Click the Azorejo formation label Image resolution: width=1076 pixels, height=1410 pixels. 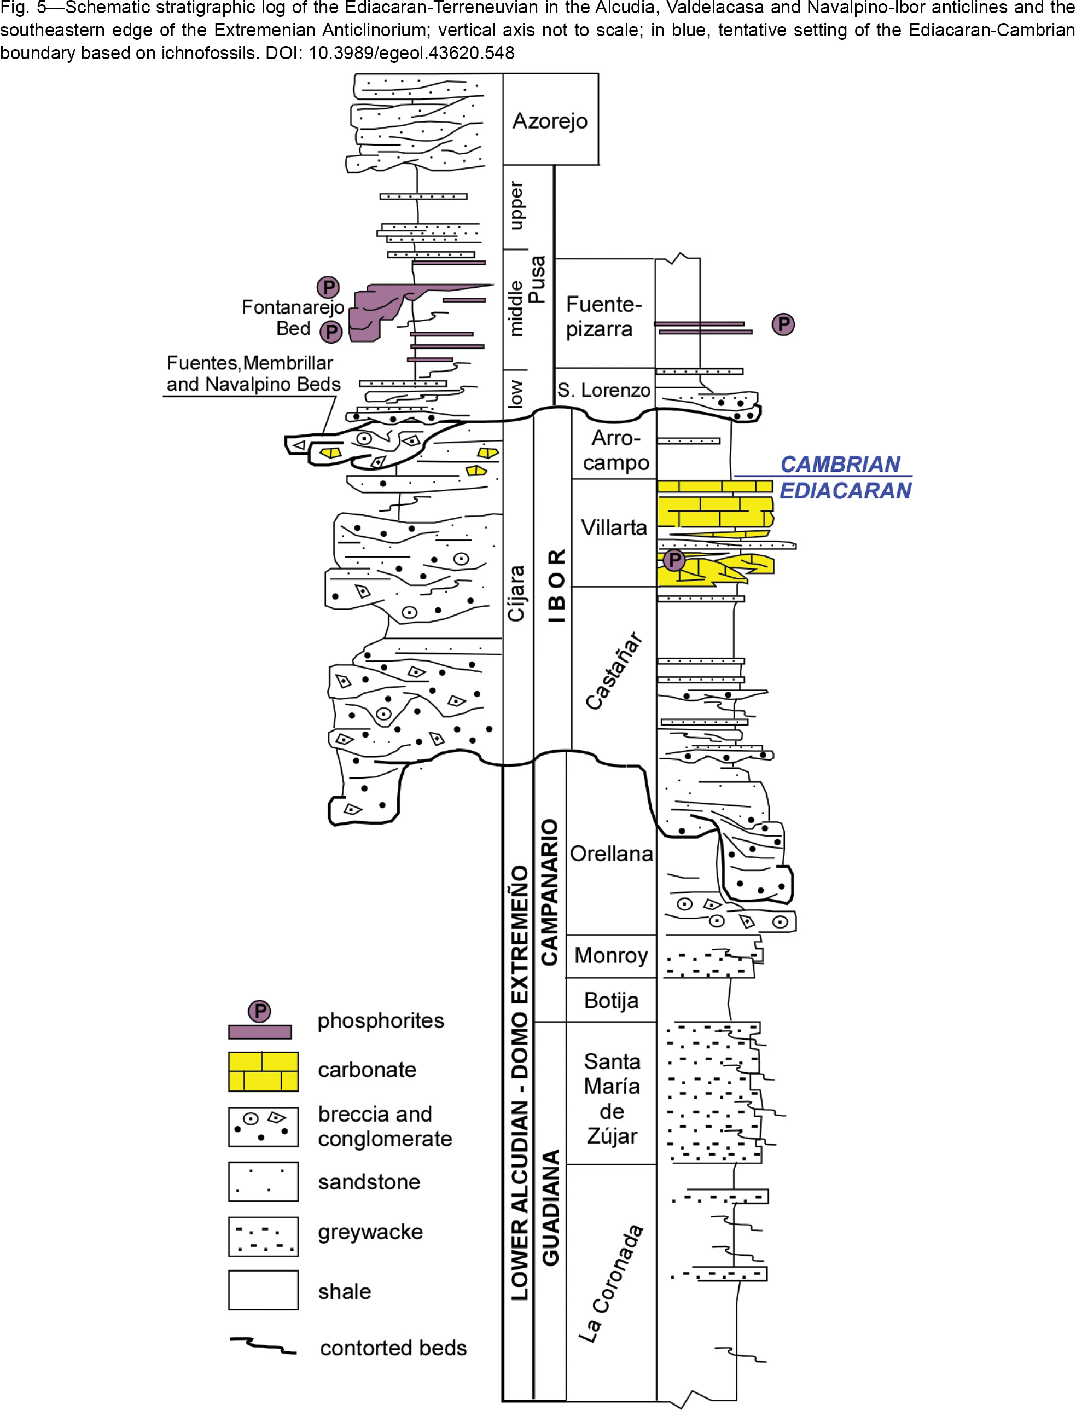point(550,121)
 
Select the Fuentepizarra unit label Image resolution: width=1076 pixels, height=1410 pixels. point(603,316)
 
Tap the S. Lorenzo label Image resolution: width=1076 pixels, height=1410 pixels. point(603,390)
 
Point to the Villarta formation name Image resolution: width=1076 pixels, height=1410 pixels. point(614,527)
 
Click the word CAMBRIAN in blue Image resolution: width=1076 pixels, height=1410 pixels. point(840,464)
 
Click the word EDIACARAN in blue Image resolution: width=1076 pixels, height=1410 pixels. point(845,491)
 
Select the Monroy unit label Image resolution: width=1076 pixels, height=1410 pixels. point(611,955)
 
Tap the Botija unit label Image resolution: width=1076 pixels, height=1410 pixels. point(611,1000)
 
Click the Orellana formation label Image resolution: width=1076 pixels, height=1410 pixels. point(611,854)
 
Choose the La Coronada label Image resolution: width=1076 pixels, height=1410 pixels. point(610,1283)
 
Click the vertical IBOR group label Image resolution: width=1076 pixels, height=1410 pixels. point(556,585)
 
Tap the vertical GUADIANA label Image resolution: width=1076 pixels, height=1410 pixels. point(550,1208)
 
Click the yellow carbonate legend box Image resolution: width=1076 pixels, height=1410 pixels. point(263,1071)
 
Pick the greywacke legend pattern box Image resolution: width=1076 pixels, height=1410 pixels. point(263,1237)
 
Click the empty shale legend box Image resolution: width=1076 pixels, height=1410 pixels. point(263,1290)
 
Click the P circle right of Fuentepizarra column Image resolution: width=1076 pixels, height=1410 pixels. point(783,324)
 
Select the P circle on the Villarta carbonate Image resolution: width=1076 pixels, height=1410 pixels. point(674,560)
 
